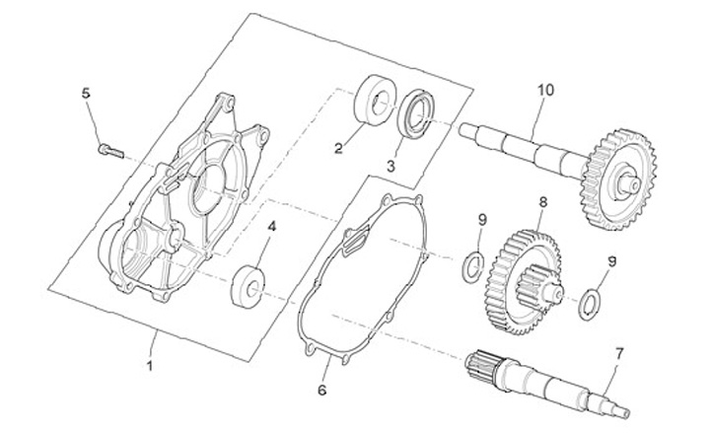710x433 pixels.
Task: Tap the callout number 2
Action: (337, 149)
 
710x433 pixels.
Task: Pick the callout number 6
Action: (322, 391)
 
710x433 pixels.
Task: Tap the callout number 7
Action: (619, 352)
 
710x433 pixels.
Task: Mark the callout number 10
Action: (545, 90)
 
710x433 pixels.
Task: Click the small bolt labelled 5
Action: (107, 150)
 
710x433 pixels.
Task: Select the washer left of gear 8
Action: (472, 263)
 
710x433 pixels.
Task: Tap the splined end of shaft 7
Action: (482, 366)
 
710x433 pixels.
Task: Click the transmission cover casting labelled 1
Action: (182, 196)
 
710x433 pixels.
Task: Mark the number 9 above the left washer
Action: (481, 218)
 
